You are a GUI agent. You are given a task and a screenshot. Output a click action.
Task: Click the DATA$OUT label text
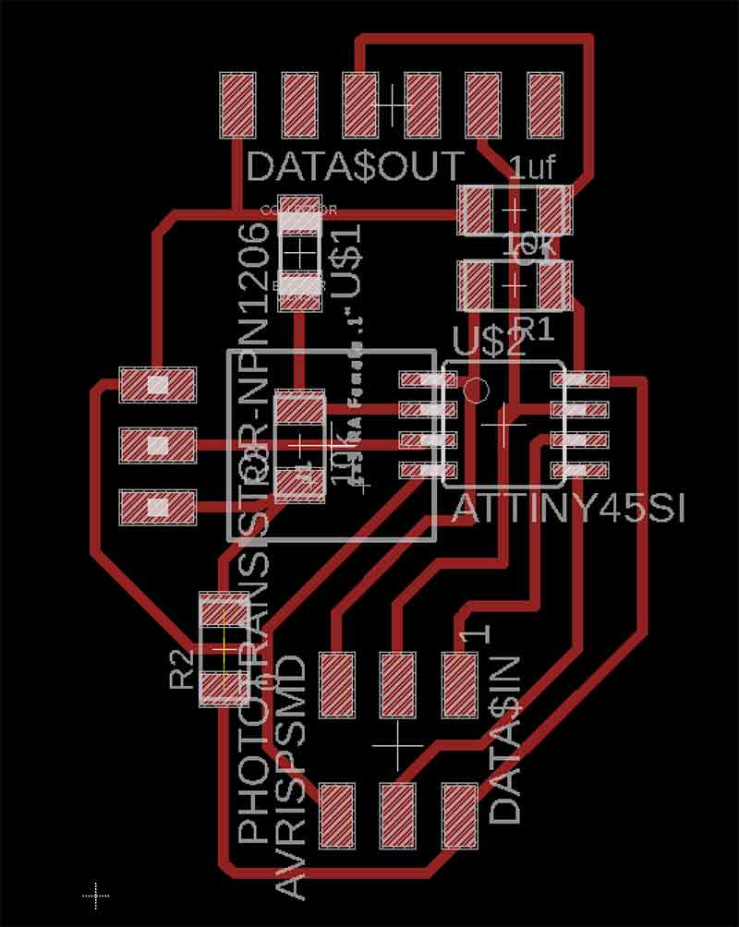click(x=356, y=166)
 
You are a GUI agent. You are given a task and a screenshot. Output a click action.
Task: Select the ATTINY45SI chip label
click(x=567, y=509)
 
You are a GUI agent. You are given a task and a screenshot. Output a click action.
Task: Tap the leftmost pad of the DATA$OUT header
click(x=237, y=104)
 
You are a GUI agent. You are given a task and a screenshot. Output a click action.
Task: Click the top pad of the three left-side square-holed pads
click(x=158, y=383)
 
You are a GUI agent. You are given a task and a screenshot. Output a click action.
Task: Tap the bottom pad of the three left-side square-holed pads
click(x=158, y=506)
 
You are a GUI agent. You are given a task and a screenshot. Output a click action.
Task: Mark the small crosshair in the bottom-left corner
click(x=95, y=895)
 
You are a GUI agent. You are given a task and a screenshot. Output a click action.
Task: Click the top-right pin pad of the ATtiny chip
click(x=580, y=379)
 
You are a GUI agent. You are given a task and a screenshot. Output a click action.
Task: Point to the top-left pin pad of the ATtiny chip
click(x=421, y=379)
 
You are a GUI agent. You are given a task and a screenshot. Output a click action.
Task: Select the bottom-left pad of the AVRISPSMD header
click(x=337, y=815)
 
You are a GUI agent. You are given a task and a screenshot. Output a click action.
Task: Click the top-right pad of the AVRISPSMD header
click(x=460, y=683)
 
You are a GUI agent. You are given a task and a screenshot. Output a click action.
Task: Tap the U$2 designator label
click(x=489, y=343)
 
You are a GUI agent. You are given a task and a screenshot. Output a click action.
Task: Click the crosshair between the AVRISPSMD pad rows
click(x=397, y=744)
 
